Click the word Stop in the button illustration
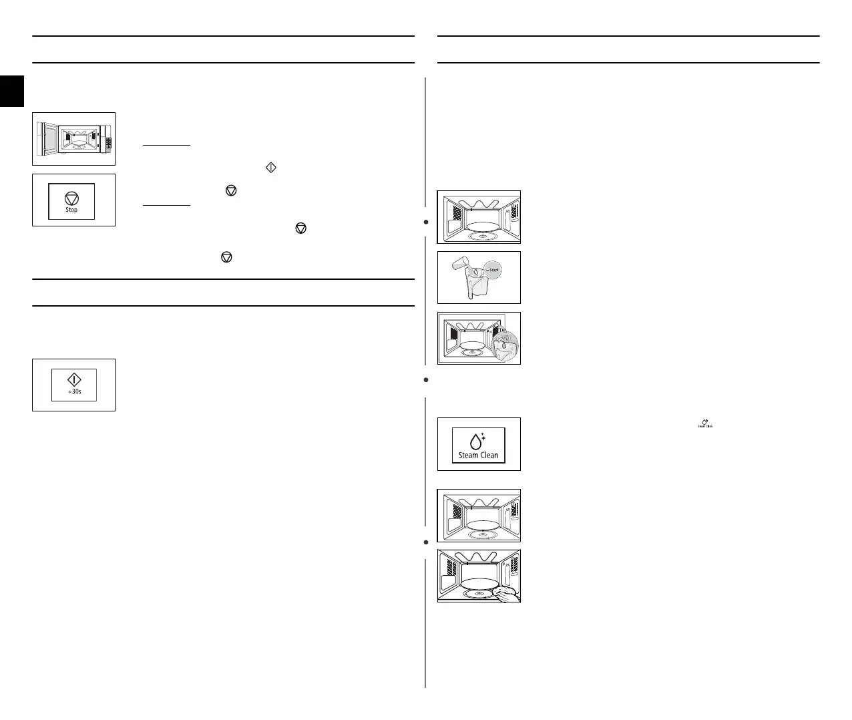coord(71,210)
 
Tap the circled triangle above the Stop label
coord(71,198)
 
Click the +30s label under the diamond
coord(74,391)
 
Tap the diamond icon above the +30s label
coord(74,379)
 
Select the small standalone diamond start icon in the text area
coord(271,168)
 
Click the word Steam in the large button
coord(469,456)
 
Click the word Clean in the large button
coord(489,456)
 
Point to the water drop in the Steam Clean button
coord(476,441)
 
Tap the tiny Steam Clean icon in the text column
coord(705,423)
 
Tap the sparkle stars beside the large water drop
coord(483,436)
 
